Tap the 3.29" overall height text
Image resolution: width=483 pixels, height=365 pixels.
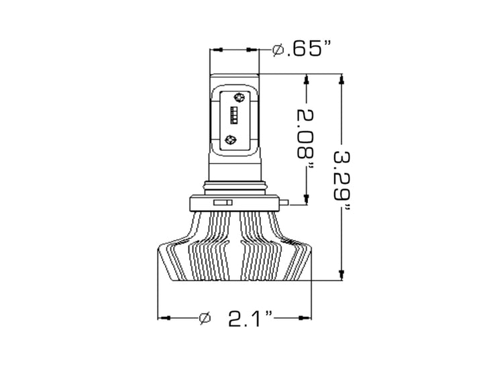(x=343, y=178)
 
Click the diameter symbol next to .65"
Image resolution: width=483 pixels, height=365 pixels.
(x=278, y=50)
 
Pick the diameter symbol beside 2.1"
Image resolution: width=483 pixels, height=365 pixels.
(x=206, y=317)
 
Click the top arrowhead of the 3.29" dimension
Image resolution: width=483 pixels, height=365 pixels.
(x=342, y=79)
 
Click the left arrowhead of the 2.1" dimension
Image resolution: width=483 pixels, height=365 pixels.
(x=162, y=317)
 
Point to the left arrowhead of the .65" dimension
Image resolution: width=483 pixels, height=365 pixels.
(x=215, y=50)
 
